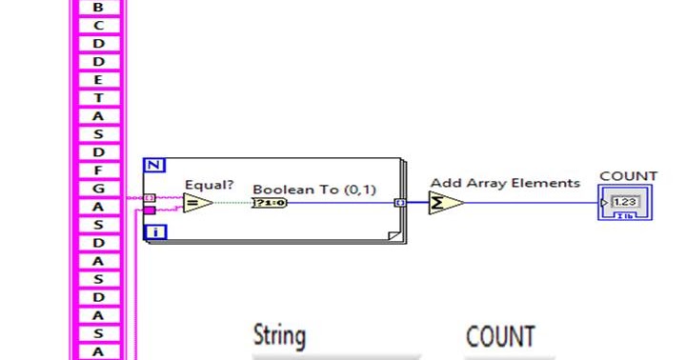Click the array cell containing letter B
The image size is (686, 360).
click(98, 7)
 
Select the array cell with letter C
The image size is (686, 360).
click(98, 25)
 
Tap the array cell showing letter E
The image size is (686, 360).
click(98, 80)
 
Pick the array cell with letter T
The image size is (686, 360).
click(98, 98)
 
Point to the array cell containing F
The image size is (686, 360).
click(98, 170)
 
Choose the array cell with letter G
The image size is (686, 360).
click(98, 189)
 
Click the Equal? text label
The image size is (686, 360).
click(210, 184)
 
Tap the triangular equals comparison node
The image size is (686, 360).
click(196, 203)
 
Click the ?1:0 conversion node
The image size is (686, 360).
click(270, 203)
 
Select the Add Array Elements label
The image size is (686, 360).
click(504, 183)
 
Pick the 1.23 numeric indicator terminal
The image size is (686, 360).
click(625, 203)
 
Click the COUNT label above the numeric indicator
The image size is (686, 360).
click(628, 176)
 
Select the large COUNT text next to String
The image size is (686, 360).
click(500, 336)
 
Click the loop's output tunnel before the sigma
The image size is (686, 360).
click(401, 203)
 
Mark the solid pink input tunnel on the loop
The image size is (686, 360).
click(149, 210)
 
